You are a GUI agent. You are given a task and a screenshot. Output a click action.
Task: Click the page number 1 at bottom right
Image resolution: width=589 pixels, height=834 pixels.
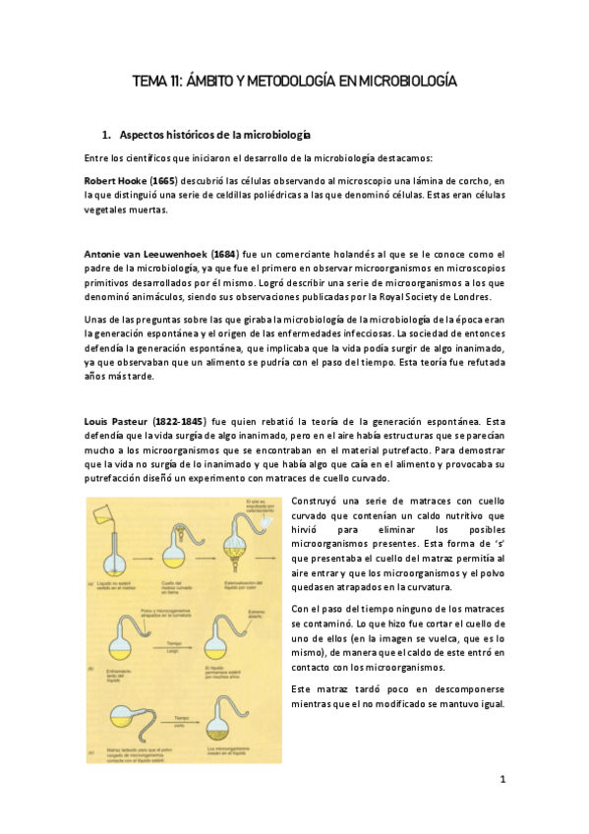point(501,780)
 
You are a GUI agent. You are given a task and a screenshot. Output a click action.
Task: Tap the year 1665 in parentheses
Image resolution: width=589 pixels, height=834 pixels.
point(165,182)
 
